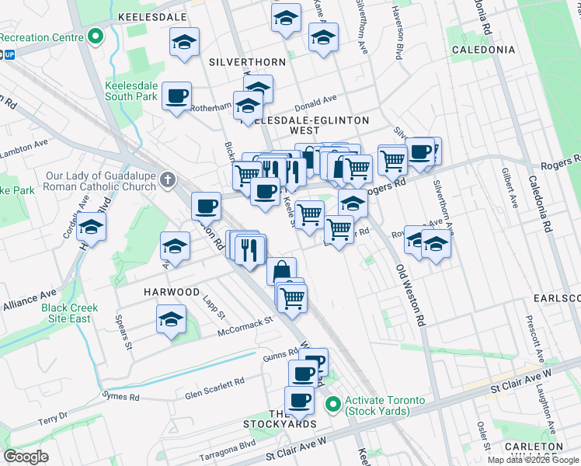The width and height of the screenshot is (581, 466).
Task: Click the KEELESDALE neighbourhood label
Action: [x=152, y=16]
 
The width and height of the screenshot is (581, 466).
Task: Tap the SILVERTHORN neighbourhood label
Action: [x=245, y=61]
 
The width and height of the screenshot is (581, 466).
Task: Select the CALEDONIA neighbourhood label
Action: [x=484, y=50]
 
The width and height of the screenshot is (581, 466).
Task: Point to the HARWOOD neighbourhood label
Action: [x=172, y=291]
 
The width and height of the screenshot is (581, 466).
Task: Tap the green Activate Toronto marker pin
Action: [x=333, y=405]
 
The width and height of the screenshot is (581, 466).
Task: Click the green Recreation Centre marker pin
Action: [x=96, y=37]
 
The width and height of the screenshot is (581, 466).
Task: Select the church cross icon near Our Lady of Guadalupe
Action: [x=167, y=181]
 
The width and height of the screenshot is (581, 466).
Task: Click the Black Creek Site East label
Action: [x=70, y=313]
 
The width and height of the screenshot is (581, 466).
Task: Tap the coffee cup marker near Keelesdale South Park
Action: [x=177, y=96]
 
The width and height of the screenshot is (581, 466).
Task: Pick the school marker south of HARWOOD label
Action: [x=172, y=319]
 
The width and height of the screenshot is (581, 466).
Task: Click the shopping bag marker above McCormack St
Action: [x=282, y=271]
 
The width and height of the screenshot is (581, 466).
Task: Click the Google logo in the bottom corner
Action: [x=26, y=457]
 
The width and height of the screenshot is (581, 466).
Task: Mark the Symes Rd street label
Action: [x=124, y=397]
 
